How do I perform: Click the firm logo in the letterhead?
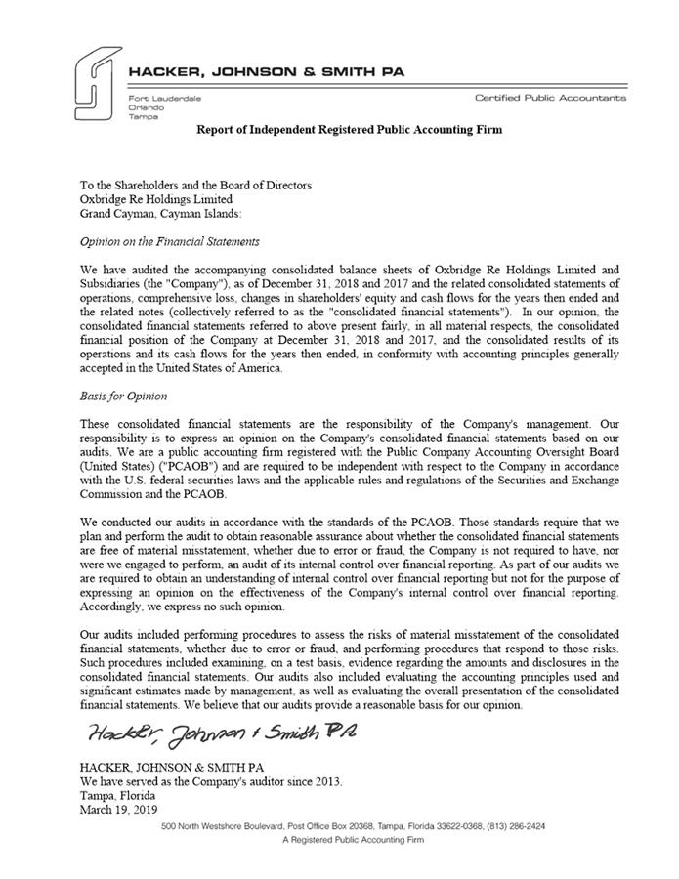point(95,85)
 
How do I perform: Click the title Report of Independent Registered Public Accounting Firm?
point(350,130)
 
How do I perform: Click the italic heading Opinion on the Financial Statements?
point(169,240)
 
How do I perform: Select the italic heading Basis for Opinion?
point(124,398)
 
